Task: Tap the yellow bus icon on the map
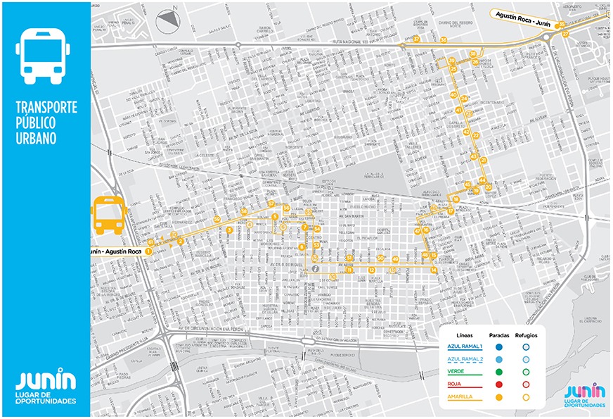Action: coord(109,215)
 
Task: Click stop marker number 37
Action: coord(416,39)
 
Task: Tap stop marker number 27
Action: coord(565,34)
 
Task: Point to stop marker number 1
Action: coord(148,251)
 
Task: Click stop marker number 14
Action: coord(434,270)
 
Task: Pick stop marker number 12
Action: coord(371,270)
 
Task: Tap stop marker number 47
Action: coord(417,231)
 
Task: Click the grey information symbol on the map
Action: coord(317,268)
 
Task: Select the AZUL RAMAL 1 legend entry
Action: coord(465,346)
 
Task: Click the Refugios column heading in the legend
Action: coord(525,335)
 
